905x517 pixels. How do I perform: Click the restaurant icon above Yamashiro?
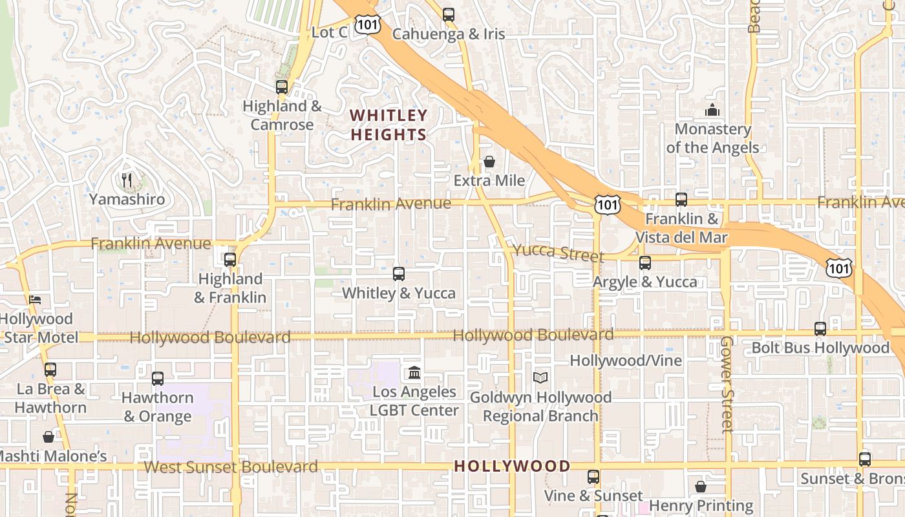click(127, 180)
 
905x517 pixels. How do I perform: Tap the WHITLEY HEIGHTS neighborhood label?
click(389, 125)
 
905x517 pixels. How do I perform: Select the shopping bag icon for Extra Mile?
click(489, 162)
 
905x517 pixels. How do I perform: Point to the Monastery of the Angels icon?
click(712, 110)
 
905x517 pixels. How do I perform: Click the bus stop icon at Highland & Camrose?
click(281, 87)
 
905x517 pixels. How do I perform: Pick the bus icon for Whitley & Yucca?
click(399, 273)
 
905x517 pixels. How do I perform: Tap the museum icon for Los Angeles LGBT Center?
click(414, 373)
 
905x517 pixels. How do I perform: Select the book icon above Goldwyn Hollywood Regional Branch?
click(540, 377)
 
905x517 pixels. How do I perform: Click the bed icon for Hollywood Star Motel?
click(35, 299)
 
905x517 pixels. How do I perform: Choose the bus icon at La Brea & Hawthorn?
click(50, 370)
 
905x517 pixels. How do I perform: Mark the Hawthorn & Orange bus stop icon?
click(158, 379)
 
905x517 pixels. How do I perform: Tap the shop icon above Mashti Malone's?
click(48, 437)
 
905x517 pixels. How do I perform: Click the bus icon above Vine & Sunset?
click(593, 477)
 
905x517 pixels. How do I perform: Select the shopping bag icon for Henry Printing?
click(701, 486)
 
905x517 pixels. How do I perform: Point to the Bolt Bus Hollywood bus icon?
click(820, 328)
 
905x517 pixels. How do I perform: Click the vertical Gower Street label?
click(727, 384)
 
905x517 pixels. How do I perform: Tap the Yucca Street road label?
click(558, 253)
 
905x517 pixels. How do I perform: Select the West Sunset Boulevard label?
click(231, 467)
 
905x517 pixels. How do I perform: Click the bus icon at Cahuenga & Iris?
click(449, 14)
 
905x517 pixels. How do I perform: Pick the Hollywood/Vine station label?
click(626, 361)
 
